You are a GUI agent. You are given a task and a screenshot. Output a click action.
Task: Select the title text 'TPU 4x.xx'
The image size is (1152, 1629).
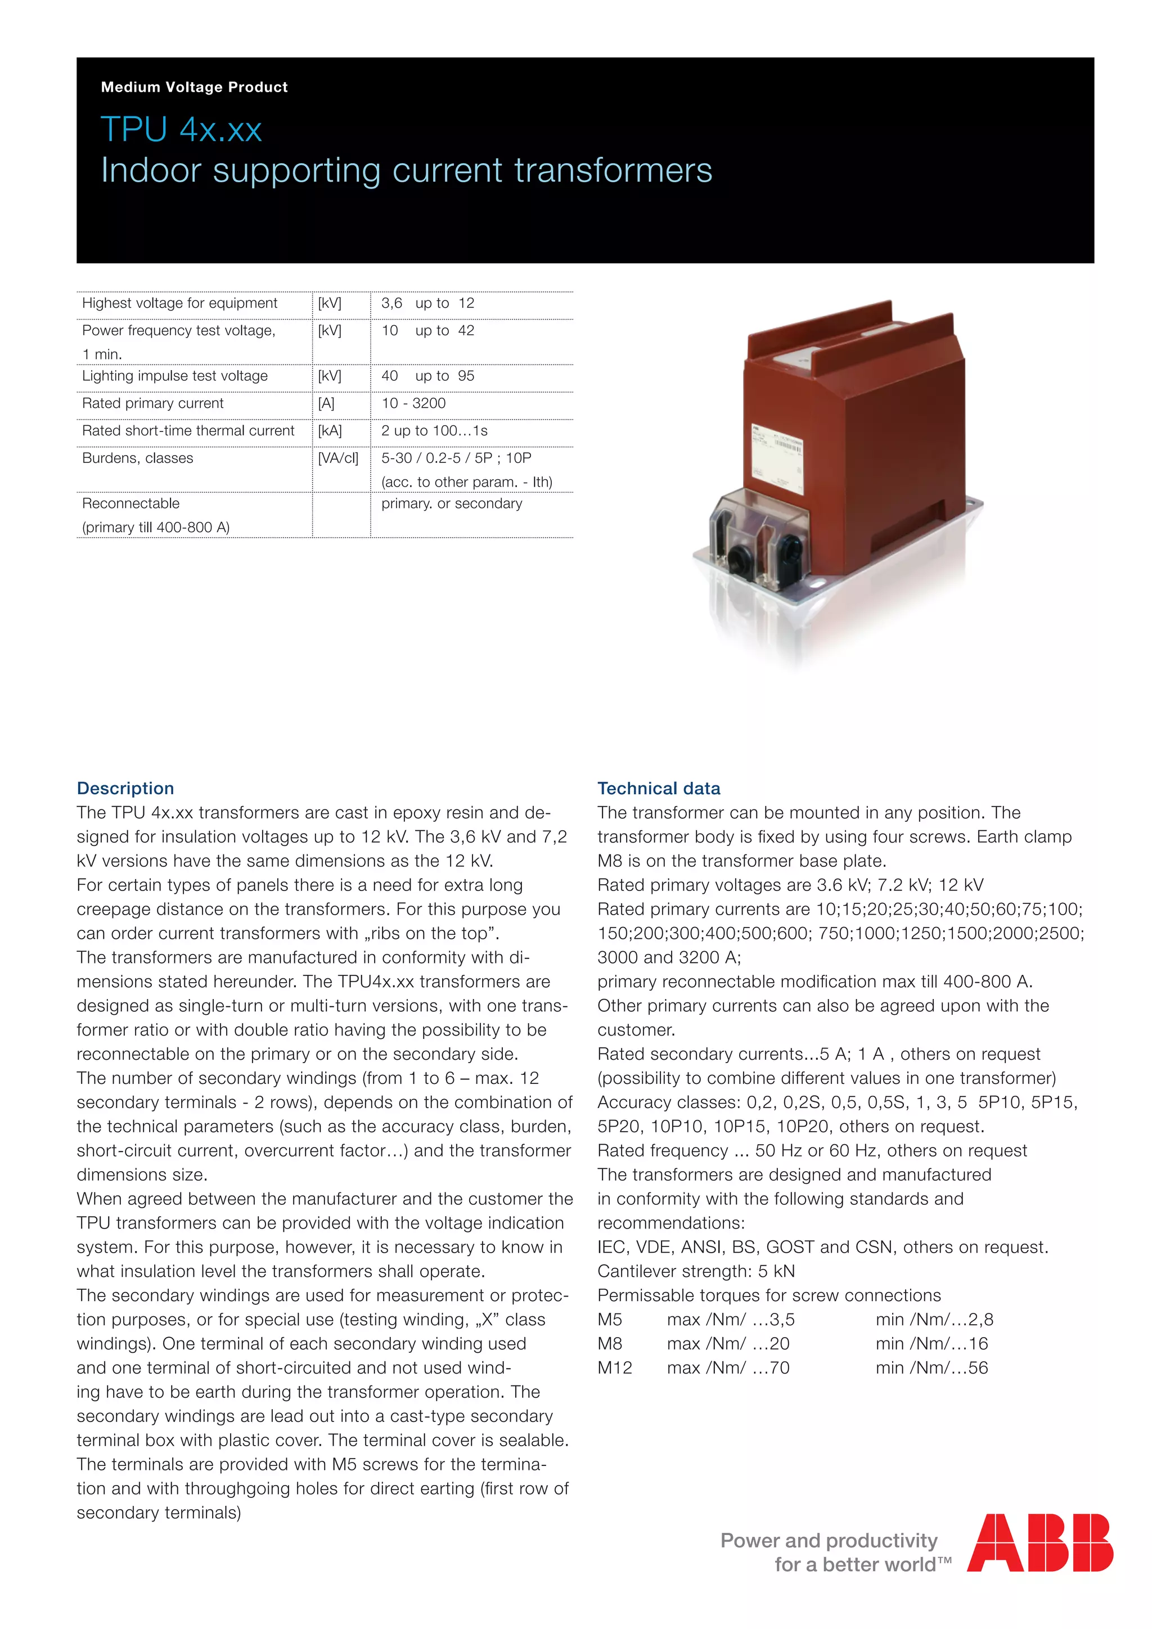pos(182,130)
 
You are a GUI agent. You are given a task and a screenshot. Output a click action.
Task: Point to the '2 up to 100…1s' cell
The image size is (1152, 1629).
pos(434,431)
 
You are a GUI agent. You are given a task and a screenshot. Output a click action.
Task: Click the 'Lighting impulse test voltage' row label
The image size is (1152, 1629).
pos(174,376)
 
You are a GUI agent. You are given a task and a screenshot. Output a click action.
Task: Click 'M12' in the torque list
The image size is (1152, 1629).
pos(614,1367)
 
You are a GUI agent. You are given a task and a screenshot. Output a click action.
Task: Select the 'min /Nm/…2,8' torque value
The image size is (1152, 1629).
pos(934,1319)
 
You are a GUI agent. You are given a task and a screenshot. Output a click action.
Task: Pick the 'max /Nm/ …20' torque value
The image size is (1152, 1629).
pos(728,1343)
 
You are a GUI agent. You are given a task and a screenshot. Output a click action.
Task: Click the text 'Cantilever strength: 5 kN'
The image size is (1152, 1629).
pos(695,1271)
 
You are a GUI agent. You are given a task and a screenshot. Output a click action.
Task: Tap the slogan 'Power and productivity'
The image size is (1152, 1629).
pos(829,1540)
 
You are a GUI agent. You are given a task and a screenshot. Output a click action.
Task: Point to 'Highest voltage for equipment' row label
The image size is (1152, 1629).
pos(179,303)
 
